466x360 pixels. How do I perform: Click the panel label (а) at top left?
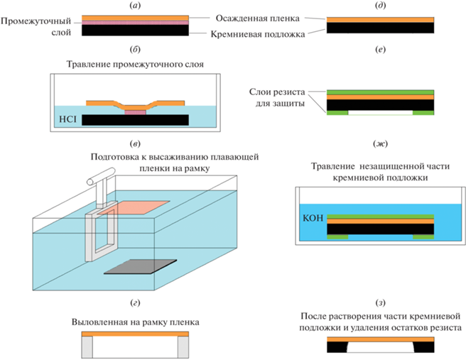point(136,6)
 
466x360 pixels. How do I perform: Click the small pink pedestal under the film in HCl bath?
point(135,111)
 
